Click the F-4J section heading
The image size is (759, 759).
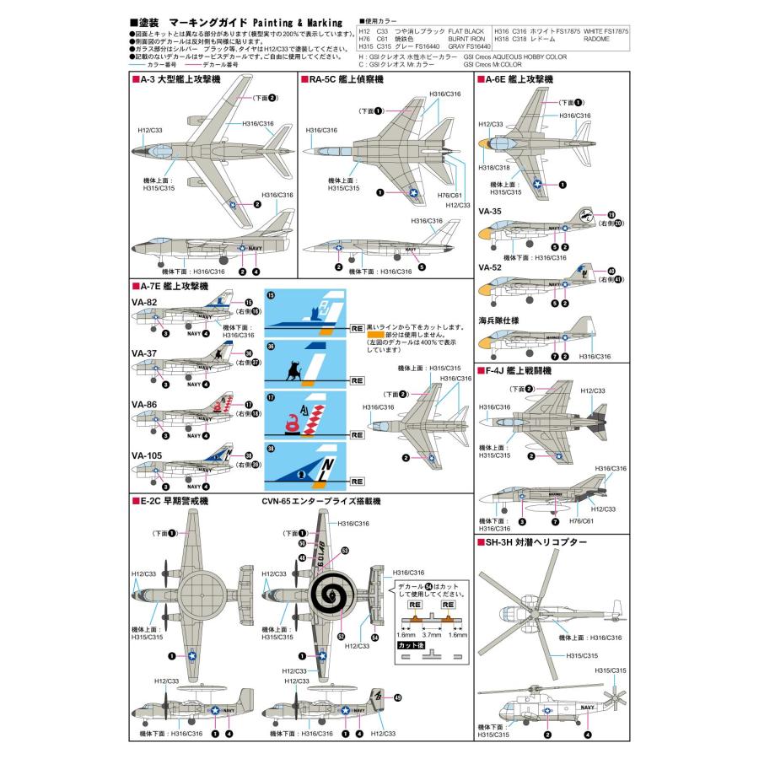click(516, 370)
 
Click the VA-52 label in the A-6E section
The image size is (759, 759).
click(490, 267)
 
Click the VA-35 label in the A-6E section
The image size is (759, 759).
click(490, 212)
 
